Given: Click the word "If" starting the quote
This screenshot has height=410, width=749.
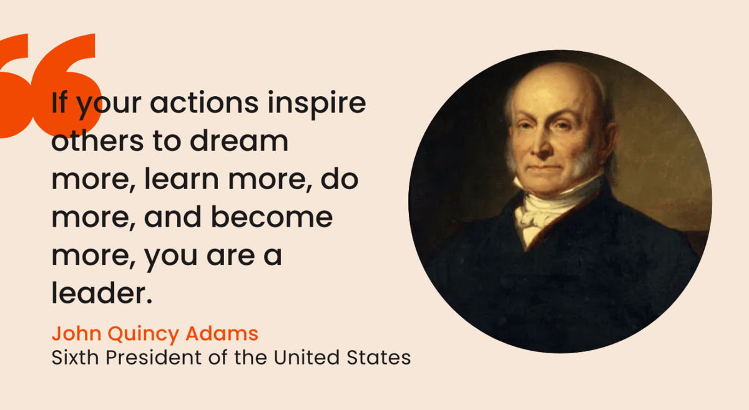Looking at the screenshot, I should pos(59,103).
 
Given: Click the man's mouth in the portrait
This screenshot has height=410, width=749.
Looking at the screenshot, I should pos(545,167).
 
